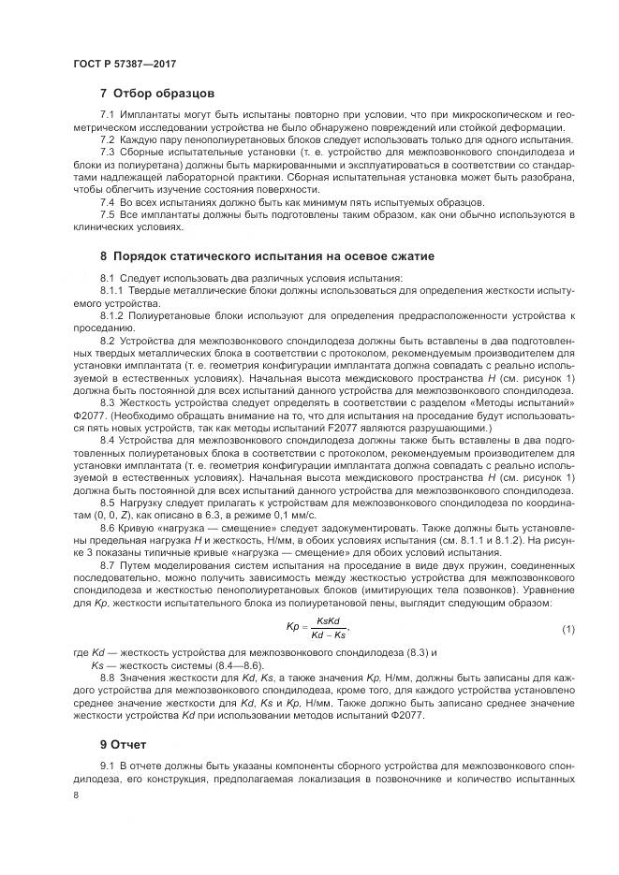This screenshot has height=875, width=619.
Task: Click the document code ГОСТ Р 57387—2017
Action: (x=125, y=63)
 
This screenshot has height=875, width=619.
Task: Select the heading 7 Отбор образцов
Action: (x=157, y=94)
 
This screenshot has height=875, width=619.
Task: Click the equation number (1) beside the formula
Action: (x=567, y=628)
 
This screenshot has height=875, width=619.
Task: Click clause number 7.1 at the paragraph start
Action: (x=106, y=116)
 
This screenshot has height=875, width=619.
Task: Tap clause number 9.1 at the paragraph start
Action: (x=106, y=766)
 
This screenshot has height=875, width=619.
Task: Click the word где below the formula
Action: (x=80, y=650)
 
